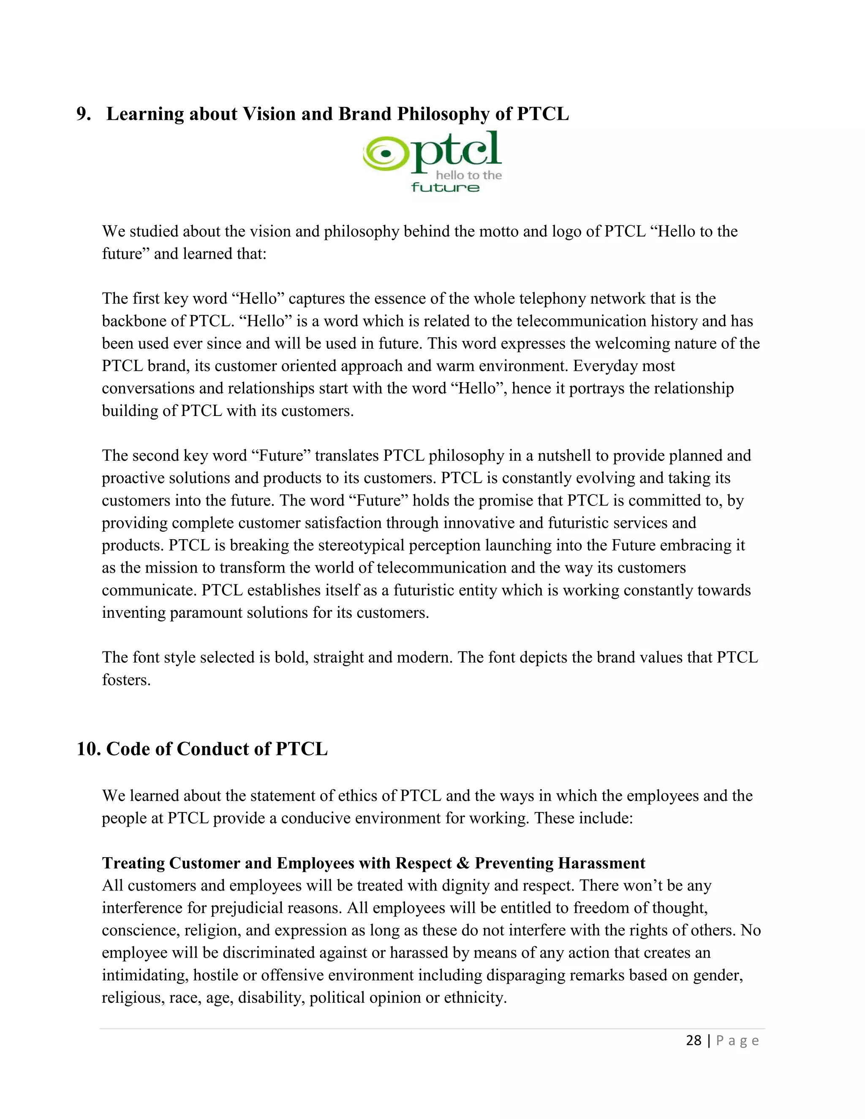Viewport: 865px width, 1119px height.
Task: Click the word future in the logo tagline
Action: [x=445, y=187]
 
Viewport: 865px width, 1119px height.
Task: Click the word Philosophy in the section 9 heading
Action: [x=443, y=114]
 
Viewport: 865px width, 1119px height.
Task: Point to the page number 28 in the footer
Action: [x=694, y=1040]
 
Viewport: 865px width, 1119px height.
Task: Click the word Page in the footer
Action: [x=737, y=1040]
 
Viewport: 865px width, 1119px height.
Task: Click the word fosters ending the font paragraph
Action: [x=126, y=680]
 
